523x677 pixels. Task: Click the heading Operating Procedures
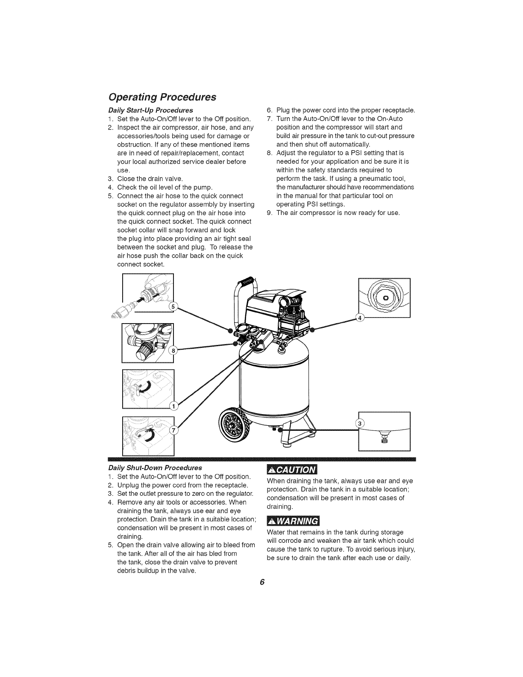(162, 97)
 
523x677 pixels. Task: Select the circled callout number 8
(173, 351)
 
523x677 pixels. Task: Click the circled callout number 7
(173, 431)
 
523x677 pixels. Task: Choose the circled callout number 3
(360, 423)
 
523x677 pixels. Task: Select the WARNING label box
(293, 522)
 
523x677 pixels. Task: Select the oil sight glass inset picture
(385, 298)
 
